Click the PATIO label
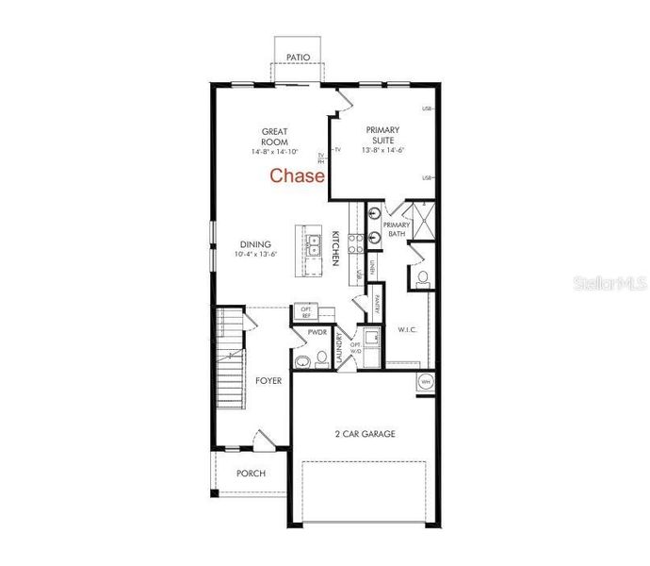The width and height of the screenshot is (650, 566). click(299, 58)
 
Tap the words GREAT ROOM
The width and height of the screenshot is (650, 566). click(275, 138)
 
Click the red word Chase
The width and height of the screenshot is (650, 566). click(298, 175)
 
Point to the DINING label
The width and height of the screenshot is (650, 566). click(254, 246)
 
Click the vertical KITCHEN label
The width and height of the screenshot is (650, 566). click(334, 246)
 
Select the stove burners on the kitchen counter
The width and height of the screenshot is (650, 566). click(356, 243)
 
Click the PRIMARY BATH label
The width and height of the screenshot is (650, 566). click(396, 230)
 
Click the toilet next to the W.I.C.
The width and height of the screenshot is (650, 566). click(423, 278)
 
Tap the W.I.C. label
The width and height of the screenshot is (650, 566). click(408, 330)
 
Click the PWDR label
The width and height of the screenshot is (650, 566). click(317, 333)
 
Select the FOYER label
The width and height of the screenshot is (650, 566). click(268, 382)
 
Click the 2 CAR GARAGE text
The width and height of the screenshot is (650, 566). click(365, 435)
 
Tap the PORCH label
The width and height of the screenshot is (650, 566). click(251, 474)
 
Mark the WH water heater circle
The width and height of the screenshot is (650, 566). click(425, 382)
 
